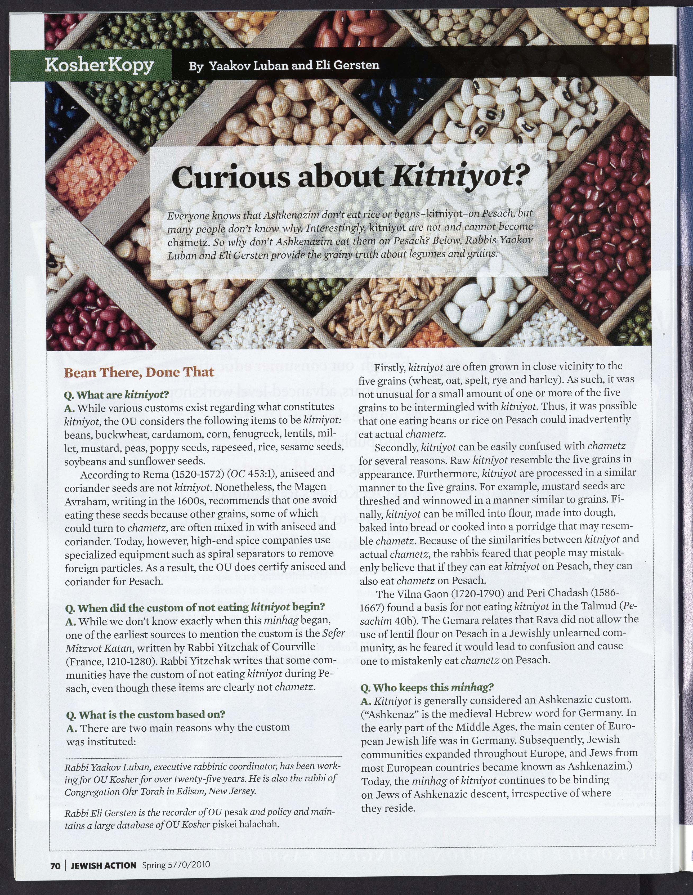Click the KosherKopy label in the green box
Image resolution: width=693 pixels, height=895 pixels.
pos(99,65)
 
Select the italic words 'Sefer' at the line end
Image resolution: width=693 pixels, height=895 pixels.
pos(334,633)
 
